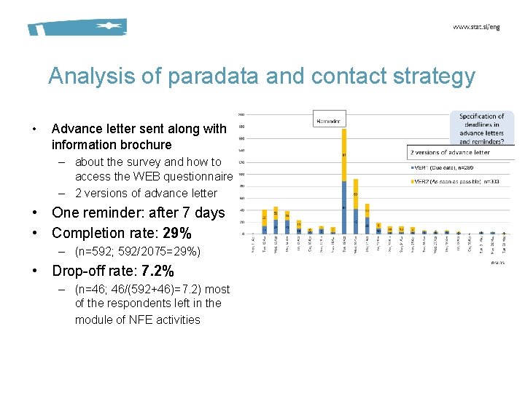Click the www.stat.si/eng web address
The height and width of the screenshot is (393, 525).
tap(477, 27)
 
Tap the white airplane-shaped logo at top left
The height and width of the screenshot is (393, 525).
tap(108, 26)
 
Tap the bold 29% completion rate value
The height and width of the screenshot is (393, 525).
tap(177, 233)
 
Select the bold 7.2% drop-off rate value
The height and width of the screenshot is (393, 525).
tap(157, 271)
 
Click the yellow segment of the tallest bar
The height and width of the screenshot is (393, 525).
tap(343, 155)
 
